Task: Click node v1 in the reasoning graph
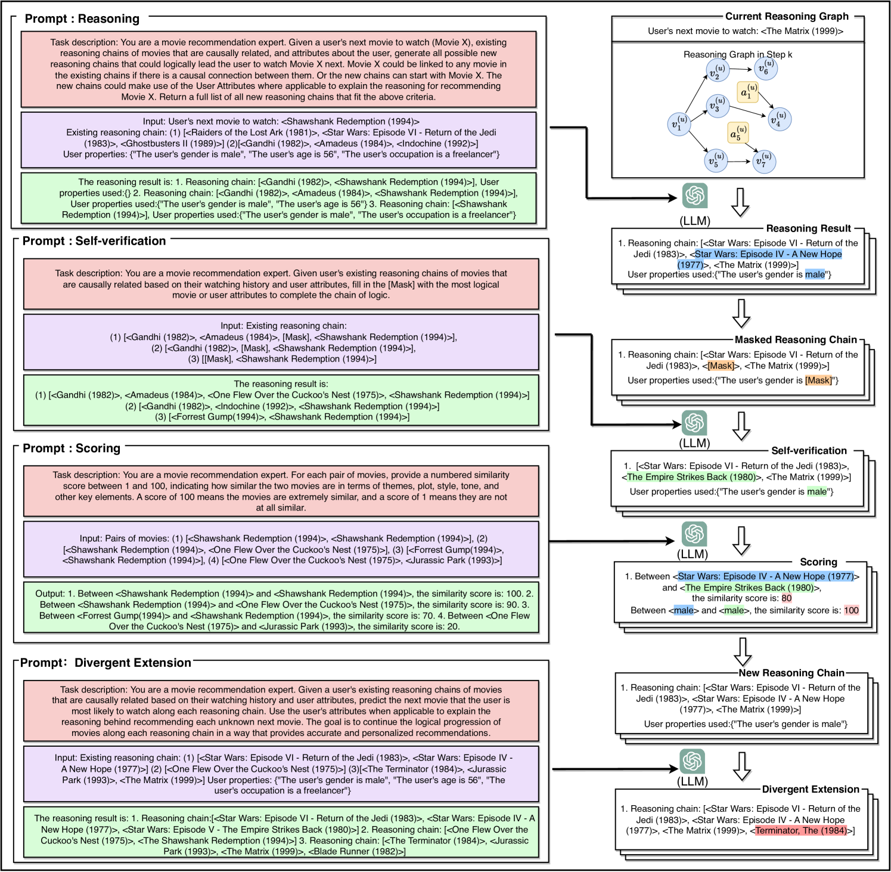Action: [x=679, y=124]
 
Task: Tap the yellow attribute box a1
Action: [x=748, y=92]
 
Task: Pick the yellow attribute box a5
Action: [x=738, y=133]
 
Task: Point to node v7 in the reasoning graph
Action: [x=763, y=161]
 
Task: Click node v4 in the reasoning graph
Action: [x=780, y=119]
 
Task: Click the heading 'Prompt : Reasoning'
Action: [x=82, y=18]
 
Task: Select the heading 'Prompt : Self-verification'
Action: [x=94, y=241]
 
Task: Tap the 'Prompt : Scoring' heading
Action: [x=72, y=449]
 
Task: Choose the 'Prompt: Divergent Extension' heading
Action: [x=105, y=663]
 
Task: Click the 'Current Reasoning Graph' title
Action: [x=786, y=17]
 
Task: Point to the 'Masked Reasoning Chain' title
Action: [x=795, y=339]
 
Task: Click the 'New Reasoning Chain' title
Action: [x=791, y=673]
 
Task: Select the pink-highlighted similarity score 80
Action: [x=786, y=598]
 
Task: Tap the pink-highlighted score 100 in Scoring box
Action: [x=851, y=610]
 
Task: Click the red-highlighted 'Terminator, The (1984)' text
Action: [x=800, y=830]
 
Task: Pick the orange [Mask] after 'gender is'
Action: [x=818, y=381]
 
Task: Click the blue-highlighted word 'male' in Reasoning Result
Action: [x=814, y=274]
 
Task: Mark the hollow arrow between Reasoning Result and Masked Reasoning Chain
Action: [x=741, y=313]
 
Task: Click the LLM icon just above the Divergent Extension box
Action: [x=692, y=762]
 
